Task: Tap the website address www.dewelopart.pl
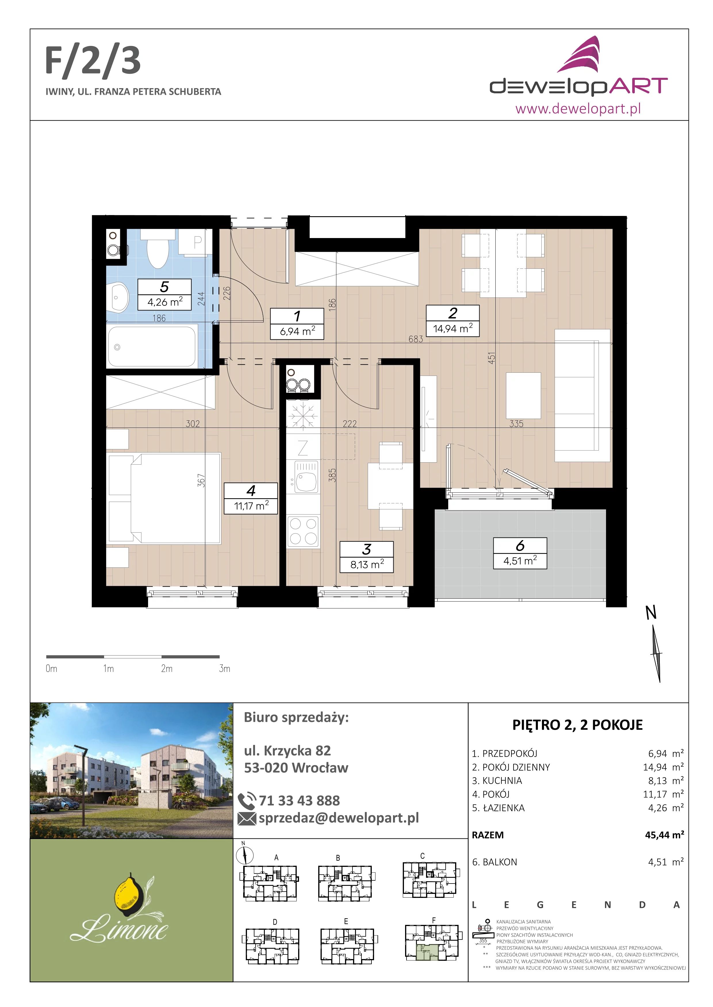tap(578, 108)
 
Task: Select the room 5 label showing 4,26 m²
tap(165, 295)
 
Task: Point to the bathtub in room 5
tap(152, 347)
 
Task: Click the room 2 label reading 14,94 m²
tap(453, 321)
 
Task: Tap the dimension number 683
tap(415, 339)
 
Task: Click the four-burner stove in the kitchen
tap(303, 531)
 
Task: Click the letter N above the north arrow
tap(651, 613)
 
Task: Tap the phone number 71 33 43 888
tap(299, 801)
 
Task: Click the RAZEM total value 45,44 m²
tap(664, 835)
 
